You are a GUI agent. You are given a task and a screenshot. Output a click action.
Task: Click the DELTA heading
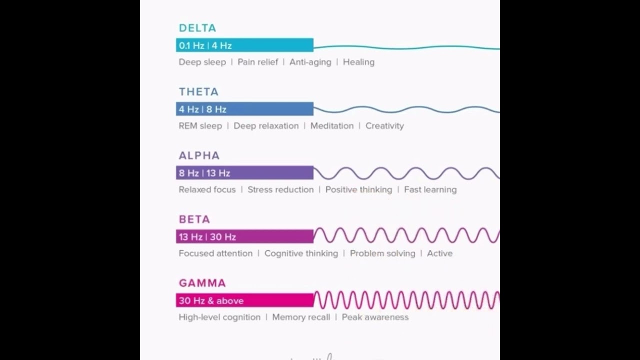click(197, 28)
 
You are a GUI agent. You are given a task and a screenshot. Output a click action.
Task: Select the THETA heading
click(198, 92)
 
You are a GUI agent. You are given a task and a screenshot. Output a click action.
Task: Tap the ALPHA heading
click(199, 155)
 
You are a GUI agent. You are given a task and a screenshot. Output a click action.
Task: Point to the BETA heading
click(194, 219)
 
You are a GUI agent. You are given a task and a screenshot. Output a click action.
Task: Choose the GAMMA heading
click(202, 283)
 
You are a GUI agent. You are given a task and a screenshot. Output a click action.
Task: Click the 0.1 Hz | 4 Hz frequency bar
click(244, 45)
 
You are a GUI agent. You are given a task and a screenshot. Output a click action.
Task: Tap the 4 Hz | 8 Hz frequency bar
click(244, 109)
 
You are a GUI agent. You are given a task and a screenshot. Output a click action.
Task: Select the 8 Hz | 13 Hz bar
click(244, 173)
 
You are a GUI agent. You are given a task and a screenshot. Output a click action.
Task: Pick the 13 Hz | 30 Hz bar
click(244, 236)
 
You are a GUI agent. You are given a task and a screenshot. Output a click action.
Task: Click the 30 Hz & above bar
click(244, 300)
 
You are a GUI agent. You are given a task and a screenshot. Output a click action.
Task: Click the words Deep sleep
click(202, 62)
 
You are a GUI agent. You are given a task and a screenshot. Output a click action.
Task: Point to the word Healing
click(358, 62)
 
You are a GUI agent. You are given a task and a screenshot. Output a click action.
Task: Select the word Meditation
click(332, 126)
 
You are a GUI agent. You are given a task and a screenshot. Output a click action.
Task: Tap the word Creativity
click(384, 126)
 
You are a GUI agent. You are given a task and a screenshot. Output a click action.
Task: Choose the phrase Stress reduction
click(280, 189)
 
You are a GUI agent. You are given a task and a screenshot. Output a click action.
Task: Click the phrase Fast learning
click(430, 189)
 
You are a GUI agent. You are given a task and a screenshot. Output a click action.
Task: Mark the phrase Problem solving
click(382, 253)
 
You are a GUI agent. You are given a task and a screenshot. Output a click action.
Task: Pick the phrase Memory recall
click(301, 317)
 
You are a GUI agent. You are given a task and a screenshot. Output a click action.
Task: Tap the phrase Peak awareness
click(375, 317)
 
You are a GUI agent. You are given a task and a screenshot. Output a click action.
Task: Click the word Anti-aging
click(310, 62)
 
